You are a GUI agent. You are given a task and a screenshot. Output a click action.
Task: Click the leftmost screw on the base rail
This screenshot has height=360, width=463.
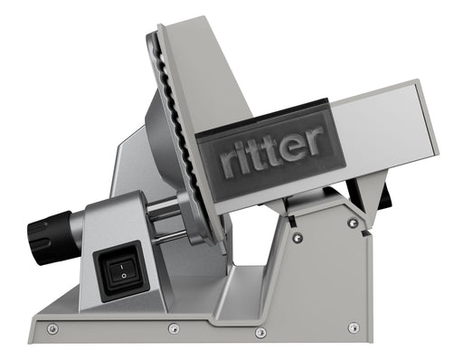click(52, 328)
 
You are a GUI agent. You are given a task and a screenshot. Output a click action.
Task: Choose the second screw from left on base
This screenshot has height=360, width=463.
click(172, 329)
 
